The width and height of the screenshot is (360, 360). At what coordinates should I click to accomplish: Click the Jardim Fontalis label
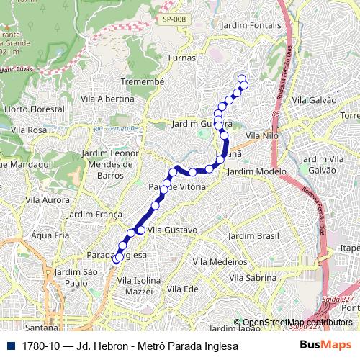(251, 24)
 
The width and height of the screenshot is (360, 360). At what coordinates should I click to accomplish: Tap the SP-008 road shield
(171, 19)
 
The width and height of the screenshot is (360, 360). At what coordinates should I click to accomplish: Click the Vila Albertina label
(107, 99)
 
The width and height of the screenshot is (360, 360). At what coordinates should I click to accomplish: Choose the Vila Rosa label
(29, 130)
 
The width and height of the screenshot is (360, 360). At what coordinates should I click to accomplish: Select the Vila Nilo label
(262, 135)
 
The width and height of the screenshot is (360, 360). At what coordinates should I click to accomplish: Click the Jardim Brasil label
(253, 235)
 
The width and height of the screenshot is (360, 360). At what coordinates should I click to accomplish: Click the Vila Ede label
(182, 288)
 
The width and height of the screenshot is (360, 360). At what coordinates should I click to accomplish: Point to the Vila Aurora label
(48, 199)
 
